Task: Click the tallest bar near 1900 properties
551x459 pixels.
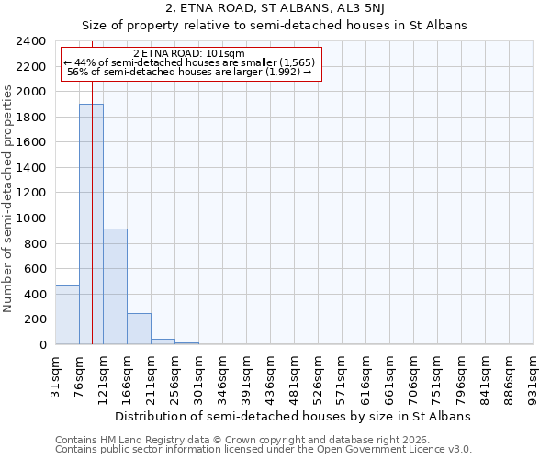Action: pos(91,224)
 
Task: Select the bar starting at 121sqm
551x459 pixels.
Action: pos(115,286)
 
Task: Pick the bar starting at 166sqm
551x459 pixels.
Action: pos(139,329)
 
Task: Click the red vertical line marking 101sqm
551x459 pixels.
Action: pos(93,184)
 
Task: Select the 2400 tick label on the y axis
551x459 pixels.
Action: pos(32,41)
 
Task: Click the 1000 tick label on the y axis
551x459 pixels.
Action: pos(32,218)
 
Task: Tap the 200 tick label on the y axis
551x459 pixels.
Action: pos(36,319)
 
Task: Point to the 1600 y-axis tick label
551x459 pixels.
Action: pos(32,142)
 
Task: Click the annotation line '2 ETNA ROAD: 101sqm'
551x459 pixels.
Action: pos(189,53)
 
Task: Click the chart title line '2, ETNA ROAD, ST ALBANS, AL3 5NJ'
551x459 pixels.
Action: pos(275,9)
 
